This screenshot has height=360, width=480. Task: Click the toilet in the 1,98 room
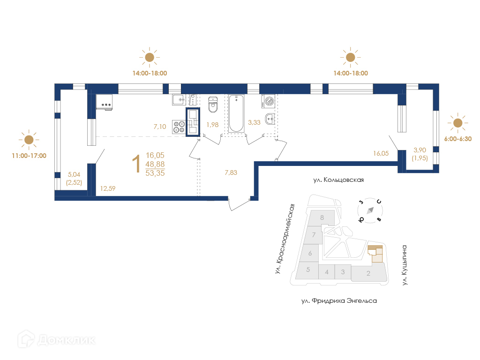pyautogui.click(x=213, y=105)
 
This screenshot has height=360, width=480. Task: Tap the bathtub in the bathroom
pyautogui.click(x=236, y=113)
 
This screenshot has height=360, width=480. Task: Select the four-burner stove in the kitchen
pyautogui.click(x=179, y=127)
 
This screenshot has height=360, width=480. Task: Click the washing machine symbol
pyautogui.click(x=269, y=101)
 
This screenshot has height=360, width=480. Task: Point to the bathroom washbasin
pyautogui.click(x=270, y=119)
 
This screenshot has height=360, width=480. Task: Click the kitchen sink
pyautogui.click(x=179, y=99)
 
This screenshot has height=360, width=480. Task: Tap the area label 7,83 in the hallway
pyautogui.click(x=231, y=172)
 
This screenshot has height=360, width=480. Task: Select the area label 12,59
pyautogui.click(x=108, y=188)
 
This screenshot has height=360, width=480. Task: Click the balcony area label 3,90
pyautogui.click(x=420, y=150)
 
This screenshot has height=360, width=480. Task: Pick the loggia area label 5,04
pyautogui.click(x=74, y=174)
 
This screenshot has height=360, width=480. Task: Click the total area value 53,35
pyautogui.click(x=155, y=173)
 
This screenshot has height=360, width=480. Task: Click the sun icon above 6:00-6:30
pyautogui.click(x=457, y=123)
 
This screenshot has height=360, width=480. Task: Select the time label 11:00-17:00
pyautogui.click(x=29, y=156)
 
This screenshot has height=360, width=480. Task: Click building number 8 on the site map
pyautogui.click(x=322, y=217)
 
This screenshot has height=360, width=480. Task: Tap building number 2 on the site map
pyautogui.click(x=368, y=273)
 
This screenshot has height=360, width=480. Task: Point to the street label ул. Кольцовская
pyautogui.click(x=338, y=180)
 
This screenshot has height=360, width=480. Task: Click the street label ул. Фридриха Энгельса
pyautogui.click(x=339, y=301)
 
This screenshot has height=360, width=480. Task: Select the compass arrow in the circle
pyautogui.click(x=370, y=210)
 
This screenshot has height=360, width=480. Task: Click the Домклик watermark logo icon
pyautogui.click(x=26, y=339)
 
